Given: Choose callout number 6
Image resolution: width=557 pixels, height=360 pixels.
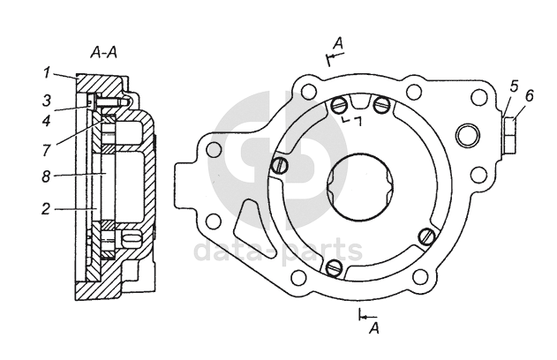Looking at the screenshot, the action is pos(529,94).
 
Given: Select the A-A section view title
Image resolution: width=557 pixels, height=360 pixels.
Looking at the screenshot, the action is pos(104,53).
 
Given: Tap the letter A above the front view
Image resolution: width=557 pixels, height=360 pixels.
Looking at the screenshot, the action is pos(338,42).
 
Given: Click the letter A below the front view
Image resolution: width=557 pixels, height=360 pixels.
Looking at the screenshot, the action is pos(374,328).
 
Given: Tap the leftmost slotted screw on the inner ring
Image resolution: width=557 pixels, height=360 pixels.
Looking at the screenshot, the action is pos(278,165).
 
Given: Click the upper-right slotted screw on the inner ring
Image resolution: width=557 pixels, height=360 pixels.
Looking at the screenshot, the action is pos(381,106).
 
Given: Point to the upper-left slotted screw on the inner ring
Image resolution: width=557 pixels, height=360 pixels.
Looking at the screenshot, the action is pos(337,106).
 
